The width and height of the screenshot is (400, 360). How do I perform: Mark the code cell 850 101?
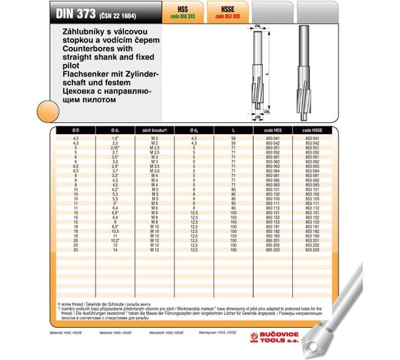[274, 189]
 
